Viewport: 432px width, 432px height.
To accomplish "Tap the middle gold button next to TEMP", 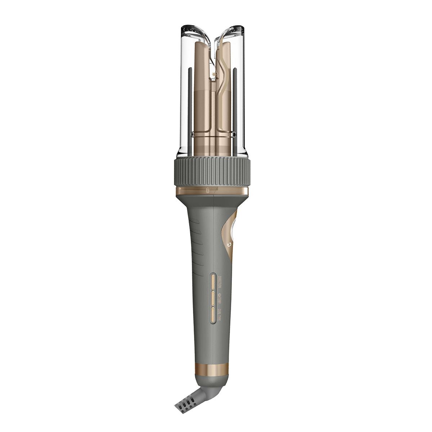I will click(x=213, y=297).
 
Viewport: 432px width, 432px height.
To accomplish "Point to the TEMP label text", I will click(x=219, y=300).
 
